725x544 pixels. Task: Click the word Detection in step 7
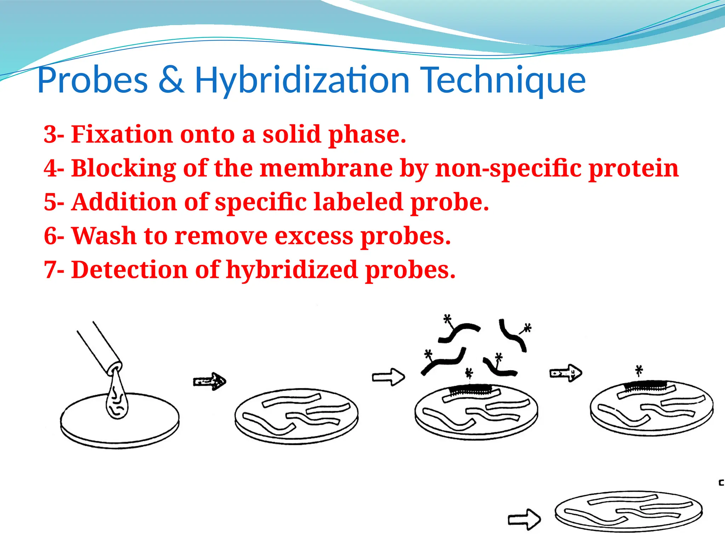(130, 270)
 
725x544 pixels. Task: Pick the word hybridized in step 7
(292, 270)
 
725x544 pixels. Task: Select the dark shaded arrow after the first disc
(210, 381)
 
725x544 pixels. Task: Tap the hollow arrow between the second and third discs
(388, 377)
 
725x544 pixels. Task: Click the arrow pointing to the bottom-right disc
(524, 519)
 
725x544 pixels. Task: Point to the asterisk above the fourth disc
(639, 371)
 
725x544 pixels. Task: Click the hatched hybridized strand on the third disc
(471, 390)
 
